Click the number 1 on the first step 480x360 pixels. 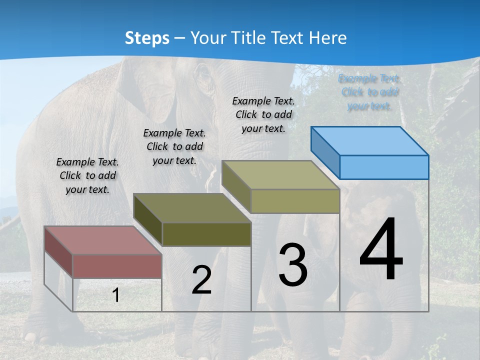click(116, 295)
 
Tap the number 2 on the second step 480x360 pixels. click(201, 280)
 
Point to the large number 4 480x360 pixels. click(381, 250)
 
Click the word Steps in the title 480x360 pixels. click(147, 38)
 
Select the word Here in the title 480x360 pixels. click(328, 38)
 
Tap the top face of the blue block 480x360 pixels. click(370, 140)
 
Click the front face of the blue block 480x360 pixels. click(384, 167)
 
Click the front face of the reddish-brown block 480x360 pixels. click(117, 265)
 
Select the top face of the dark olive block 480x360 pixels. click(192, 207)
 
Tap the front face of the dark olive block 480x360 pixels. click(206, 234)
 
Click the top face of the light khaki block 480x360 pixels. click(280, 175)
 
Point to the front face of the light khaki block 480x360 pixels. click(295, 201)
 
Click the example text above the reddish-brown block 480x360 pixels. click(87, 176)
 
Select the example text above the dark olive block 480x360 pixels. click(174, 147)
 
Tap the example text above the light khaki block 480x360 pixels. click(263, 114)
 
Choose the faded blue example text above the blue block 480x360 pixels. click(370, 92)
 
